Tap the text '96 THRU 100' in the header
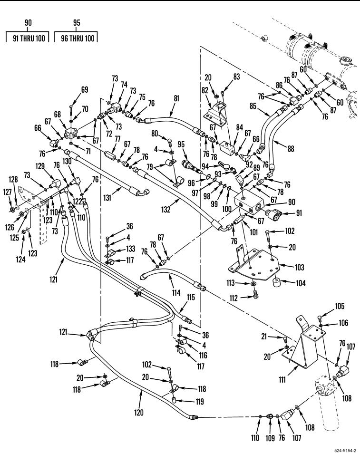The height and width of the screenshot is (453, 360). pos(76,39)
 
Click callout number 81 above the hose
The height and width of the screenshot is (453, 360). pos(176,99)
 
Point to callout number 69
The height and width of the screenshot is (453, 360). pos(85,89)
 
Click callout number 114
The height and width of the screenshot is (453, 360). pos(176,293)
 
